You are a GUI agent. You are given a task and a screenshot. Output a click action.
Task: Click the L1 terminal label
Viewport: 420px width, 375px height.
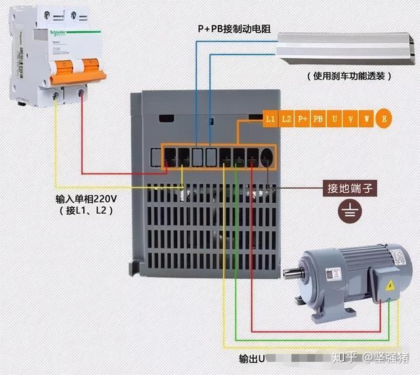click(x=270, y=119)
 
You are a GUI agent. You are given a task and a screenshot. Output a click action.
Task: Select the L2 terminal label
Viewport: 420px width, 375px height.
click(x=286, y=119)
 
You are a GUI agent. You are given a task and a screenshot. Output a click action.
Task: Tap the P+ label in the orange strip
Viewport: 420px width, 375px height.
click(x=302, y=119)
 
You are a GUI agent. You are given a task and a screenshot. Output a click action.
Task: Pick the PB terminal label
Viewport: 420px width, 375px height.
click(x=318, y=119)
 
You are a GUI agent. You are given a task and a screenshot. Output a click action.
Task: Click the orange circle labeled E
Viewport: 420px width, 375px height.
click(x=385, y=119)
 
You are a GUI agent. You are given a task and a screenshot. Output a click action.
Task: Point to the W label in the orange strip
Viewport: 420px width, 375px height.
click(x=366, y=119)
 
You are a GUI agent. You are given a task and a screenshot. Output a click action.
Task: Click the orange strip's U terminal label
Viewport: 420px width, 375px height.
click(x=335, y=119)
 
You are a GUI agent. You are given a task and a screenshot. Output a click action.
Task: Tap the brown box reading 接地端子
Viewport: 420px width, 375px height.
click(x=350, y=188)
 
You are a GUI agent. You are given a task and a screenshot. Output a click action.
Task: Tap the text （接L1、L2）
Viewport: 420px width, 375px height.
click(x=85, y=210)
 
